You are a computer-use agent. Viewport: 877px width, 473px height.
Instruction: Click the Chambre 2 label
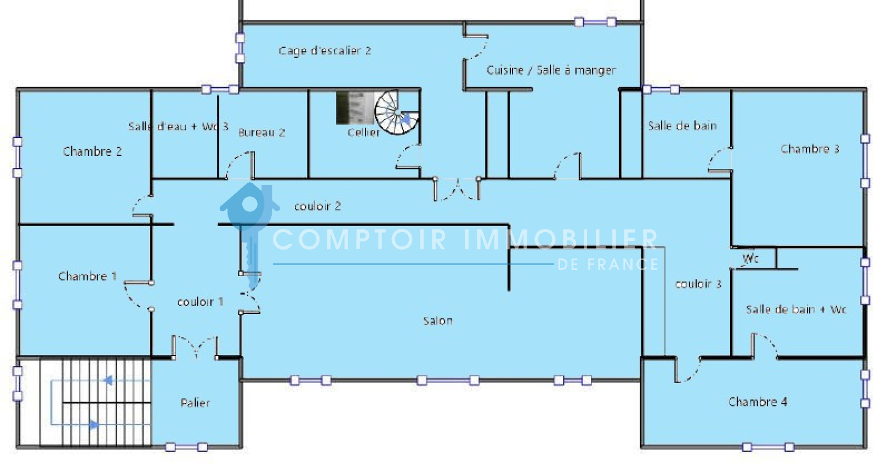(93, 151)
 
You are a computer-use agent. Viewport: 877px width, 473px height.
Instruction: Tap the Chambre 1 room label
(87, 276)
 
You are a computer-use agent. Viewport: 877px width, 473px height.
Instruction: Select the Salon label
(438, 321)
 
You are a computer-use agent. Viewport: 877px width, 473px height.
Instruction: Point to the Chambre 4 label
(758, 402)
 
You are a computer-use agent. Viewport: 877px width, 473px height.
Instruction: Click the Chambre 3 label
(810, 149)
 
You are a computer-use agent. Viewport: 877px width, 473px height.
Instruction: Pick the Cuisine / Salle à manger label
(551, 70)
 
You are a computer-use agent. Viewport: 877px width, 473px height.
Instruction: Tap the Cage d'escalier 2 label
(324, 50)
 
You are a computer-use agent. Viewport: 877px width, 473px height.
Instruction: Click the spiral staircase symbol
(397, 112)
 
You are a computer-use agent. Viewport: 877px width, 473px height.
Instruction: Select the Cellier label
(364, 132)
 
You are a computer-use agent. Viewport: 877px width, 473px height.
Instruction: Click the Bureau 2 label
(261, 132)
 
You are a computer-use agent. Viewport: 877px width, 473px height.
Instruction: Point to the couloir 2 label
(317, 206)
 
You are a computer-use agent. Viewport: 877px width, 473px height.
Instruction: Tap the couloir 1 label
(200, 302)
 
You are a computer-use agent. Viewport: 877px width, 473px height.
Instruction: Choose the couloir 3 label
(698, 284)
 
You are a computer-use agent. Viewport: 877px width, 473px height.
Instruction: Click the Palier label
(195, 403)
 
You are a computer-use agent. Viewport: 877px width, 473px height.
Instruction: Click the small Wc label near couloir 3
(750, 258)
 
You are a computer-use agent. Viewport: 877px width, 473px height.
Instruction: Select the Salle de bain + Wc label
(795, 309)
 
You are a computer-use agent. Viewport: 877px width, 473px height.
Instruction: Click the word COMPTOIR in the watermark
(360, 239)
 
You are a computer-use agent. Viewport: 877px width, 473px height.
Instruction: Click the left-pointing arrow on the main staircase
(108, 380)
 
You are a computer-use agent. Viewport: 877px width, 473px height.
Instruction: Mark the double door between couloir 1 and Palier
(195, 348)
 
